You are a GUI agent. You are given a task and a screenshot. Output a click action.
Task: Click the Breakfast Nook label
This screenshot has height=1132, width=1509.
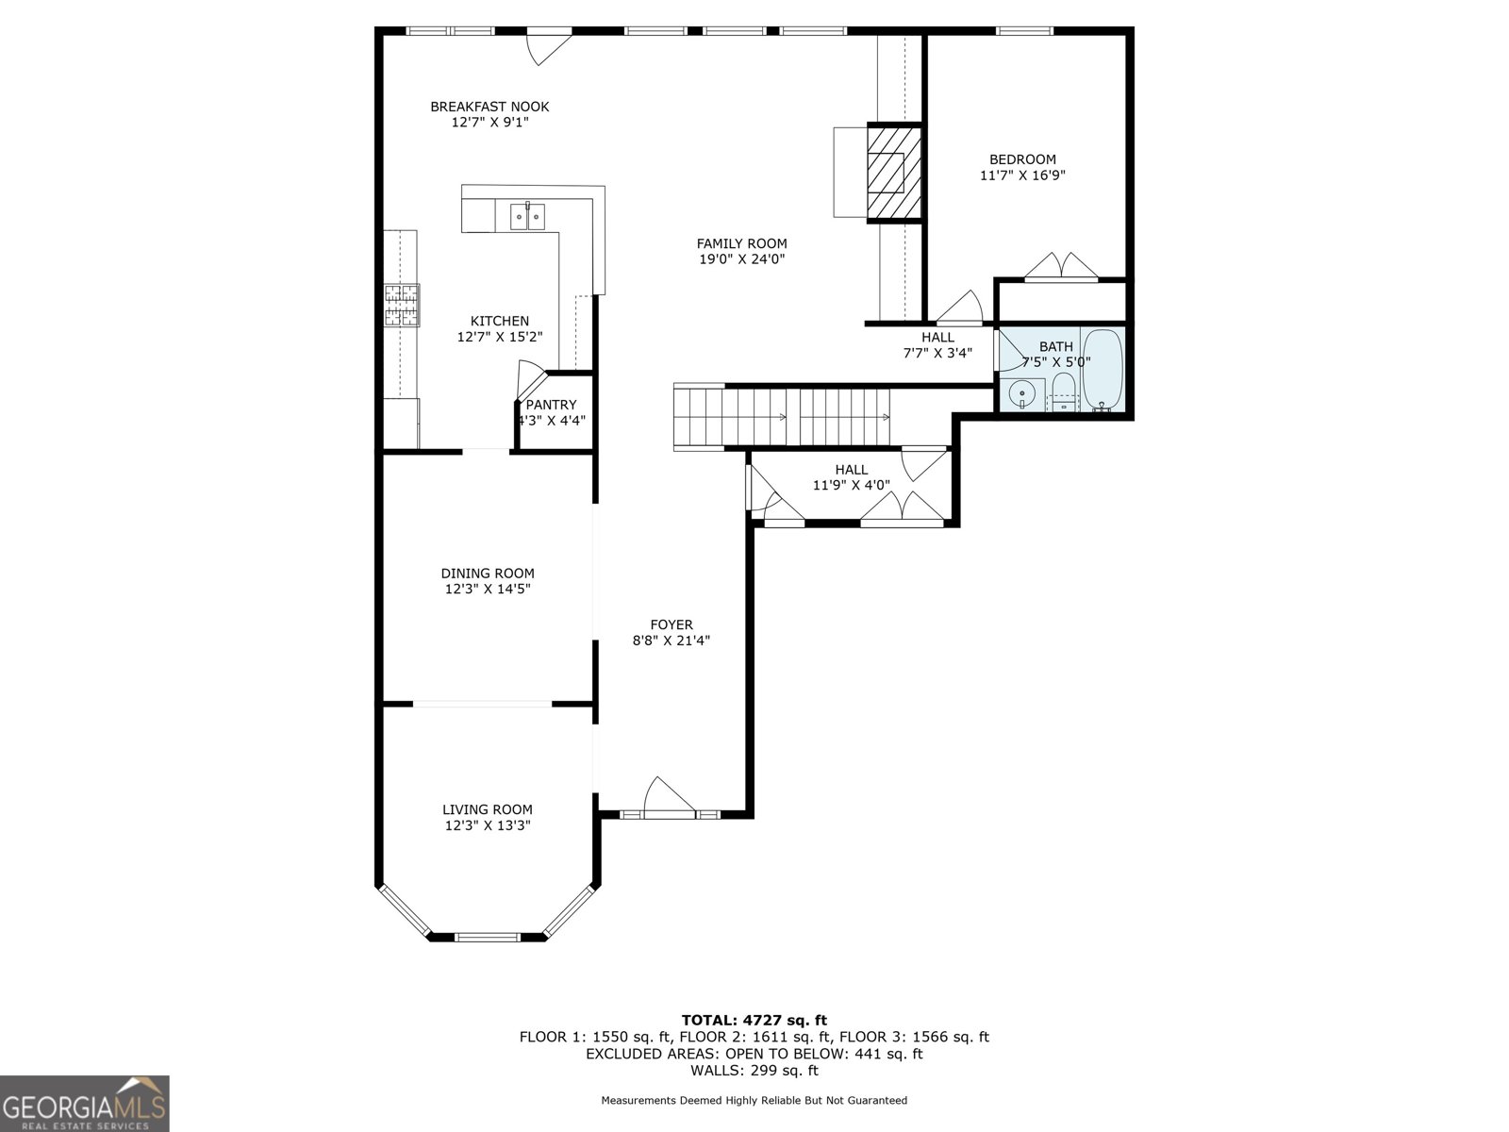489,107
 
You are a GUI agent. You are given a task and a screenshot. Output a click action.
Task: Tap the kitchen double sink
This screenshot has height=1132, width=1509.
527,217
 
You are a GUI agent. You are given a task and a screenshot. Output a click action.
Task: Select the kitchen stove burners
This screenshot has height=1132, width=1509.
402,305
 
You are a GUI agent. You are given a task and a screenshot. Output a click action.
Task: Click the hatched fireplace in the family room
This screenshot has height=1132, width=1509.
894,173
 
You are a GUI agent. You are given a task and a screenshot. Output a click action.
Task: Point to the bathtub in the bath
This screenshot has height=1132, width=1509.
1102,370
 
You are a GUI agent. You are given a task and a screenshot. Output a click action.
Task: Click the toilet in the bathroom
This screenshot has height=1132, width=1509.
1064,392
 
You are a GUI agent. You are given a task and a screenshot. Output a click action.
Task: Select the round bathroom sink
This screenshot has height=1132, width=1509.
1022,393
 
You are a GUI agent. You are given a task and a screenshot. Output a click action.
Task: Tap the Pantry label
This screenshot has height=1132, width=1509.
551,405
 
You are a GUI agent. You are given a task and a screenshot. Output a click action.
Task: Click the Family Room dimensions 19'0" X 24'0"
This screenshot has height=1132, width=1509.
742,259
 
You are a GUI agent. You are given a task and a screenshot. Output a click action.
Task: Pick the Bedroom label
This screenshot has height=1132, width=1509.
1022,159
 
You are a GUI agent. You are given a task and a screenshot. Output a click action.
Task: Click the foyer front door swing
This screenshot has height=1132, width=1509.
669,797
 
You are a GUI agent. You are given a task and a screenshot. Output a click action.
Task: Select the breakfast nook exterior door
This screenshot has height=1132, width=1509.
549,47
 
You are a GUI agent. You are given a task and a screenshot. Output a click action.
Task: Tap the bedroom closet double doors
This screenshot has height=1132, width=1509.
1061,266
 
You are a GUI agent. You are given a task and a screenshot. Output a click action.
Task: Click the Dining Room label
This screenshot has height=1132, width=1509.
488,574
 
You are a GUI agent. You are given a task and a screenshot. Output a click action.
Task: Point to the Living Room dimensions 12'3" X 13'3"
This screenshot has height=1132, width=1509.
488,825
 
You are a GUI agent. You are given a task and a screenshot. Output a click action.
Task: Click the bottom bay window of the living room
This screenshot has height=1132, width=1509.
488,937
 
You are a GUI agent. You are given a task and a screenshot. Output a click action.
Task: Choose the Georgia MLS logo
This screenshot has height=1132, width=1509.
85,1103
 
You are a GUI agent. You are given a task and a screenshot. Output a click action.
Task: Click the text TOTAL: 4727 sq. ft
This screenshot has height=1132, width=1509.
754,1020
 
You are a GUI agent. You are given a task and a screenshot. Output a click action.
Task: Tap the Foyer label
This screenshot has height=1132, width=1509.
672,624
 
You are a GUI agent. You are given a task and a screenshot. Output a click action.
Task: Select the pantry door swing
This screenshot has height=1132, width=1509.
531,380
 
